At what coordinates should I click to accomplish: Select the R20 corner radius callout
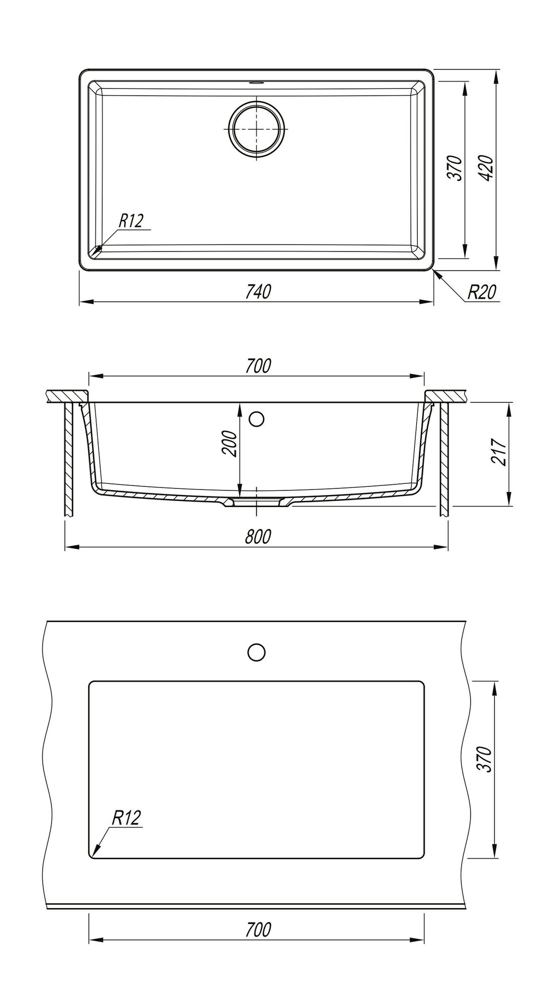pyautogui.click(x=482, y=292)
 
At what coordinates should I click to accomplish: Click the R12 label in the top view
pyautogui.click(x=131, y=221)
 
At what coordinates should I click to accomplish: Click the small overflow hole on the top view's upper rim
pyautogui.click(x=257, y=81)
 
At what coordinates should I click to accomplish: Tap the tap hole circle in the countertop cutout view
pyautogui.click(x=256, y=652)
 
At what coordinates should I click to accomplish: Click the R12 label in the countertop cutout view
pyautogui.click(x=125, y=819)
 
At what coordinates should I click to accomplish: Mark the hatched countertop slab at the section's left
pyautogui.click(x=65, y=396)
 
